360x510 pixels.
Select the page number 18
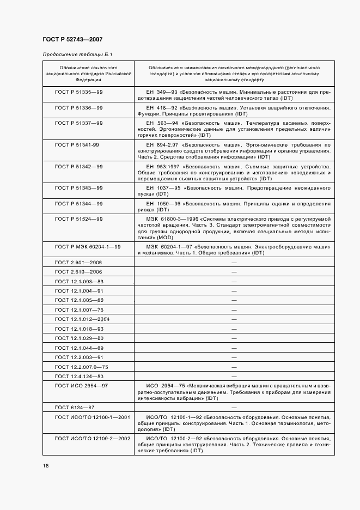pos(45,465)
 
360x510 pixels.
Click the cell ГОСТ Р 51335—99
pos(79,92)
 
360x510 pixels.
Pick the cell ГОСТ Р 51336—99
pos(79,108)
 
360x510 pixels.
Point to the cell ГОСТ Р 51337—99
pos(79,123)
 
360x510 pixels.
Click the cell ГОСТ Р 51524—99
pos(79,218)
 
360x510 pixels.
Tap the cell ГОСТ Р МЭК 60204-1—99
pos(88,247)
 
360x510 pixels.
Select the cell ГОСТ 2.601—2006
pos(78,262)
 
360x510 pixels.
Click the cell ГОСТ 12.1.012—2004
pos(82,319)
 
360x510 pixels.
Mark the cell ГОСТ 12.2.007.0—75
pos(82,367)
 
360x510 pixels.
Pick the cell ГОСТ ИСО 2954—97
pos(82,386)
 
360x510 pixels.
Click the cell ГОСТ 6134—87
pos(75,407)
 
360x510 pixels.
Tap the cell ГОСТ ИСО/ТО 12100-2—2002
pos(93,438)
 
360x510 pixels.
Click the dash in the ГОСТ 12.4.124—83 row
pos(234,377)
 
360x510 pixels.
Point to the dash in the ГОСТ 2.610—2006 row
pos(234,272)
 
